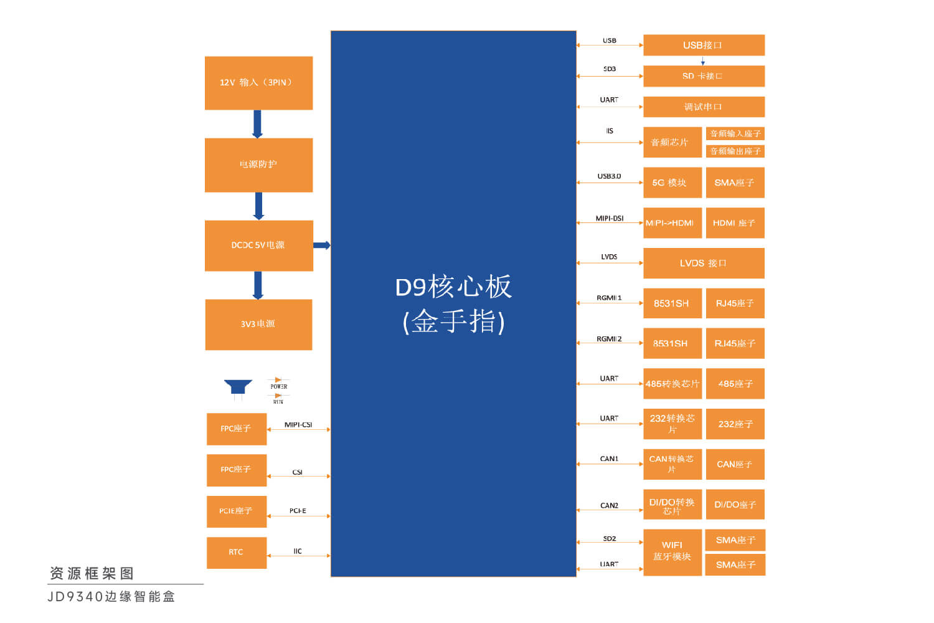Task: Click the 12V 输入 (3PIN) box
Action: click(258, 83)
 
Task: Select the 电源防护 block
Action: click(258, 164)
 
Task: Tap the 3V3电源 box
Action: click(258, 324)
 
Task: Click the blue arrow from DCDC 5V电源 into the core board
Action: click(321, 245)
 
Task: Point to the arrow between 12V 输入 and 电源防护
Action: click(257, 124)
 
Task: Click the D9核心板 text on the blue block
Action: click(453, 287)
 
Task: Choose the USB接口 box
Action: click(704, 45)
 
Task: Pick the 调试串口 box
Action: click(704, 107)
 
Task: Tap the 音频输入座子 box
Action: click(735, 133)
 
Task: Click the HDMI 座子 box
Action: click(735, 223)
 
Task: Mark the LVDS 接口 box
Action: click(704, 263)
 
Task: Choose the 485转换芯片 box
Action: click(672, 384)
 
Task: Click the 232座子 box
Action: click(735, 424)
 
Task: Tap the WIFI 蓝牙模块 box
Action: click(672, 551)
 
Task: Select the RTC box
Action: click(236, 553)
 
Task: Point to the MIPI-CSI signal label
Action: click(298, 425)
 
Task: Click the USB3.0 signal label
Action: click(609, 176)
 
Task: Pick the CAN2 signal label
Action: click(609, 505)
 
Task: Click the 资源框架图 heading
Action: click(92, 573)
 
